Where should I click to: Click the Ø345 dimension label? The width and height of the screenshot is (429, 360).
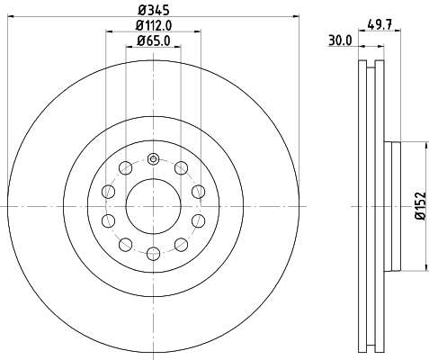154,10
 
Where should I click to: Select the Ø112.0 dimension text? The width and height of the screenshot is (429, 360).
154,25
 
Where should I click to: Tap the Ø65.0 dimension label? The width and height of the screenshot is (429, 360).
154,40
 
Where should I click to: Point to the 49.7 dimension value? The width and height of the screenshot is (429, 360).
380,24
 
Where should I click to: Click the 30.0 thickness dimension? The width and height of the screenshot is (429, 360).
340,40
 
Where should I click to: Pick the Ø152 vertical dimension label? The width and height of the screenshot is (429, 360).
420,206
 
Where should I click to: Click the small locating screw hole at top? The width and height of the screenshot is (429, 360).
153,158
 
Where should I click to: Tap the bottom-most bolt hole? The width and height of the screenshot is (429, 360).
153,254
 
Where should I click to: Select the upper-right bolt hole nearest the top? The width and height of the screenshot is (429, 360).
181,167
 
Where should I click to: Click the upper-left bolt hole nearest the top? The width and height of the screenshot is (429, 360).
126,167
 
